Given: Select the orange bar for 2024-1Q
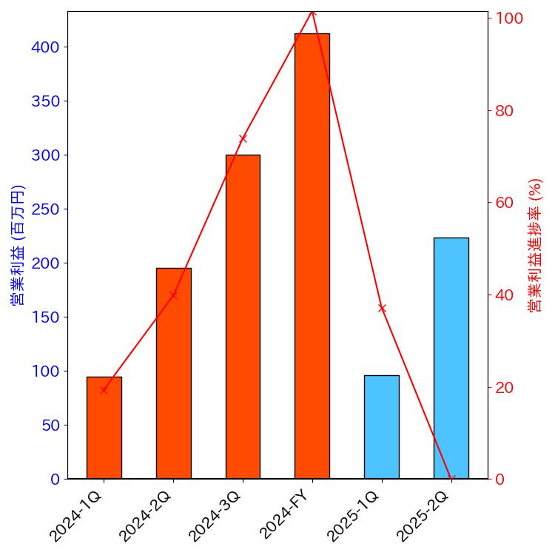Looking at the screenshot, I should click(x=104, y=428).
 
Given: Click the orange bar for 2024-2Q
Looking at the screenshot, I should click(x=173, y=373).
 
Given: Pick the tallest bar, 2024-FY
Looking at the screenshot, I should click(x=312, y=256).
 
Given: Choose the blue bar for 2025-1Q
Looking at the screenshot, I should click(x=381, y=427).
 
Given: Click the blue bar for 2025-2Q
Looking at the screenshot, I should click(x=451, y=358).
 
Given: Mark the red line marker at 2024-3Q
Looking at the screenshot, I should click(x=243, y=138).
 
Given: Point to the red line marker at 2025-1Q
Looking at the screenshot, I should click(x=382, y=308).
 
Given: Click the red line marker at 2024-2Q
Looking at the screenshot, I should click(x=173, y=295).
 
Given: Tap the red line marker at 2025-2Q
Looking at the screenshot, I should click(x=451, y=478).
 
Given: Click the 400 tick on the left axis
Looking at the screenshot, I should click(x=46, y=47).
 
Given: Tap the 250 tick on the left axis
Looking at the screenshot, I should click(x=46, y=209).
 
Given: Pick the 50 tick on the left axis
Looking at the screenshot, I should click(x=50, y=425).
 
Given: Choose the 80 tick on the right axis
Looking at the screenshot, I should click(x=505, y=111).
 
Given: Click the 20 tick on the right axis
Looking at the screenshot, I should click(x=505, y=387).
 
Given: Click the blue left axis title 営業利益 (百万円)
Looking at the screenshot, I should click(x=18, y=245).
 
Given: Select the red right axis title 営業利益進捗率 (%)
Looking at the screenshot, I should click(x=536, y=245).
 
